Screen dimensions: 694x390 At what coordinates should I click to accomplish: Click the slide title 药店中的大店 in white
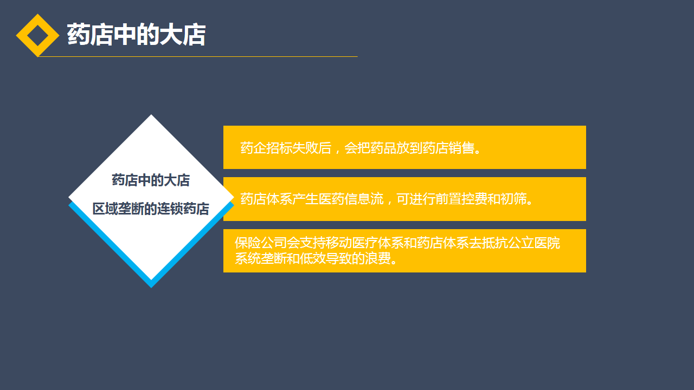136,35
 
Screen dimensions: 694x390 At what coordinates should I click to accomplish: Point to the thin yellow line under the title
198,57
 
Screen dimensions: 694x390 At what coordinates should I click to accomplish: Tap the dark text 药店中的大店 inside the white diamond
151,180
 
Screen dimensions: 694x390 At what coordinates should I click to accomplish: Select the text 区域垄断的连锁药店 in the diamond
151,209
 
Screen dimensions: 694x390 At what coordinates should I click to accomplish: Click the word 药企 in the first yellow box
253,148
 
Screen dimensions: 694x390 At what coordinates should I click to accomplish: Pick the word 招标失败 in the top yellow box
292,148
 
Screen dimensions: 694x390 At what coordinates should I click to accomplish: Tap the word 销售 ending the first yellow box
461,148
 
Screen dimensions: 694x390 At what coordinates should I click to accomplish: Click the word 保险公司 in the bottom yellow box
261,243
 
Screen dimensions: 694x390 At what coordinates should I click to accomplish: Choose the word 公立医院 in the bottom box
534,243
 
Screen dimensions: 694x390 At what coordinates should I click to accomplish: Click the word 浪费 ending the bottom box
378,258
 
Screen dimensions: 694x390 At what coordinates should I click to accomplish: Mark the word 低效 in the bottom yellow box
313,258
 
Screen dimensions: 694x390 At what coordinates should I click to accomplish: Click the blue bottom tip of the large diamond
151,287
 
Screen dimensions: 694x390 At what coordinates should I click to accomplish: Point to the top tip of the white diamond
151,115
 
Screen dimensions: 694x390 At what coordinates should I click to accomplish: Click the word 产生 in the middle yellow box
305,199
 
